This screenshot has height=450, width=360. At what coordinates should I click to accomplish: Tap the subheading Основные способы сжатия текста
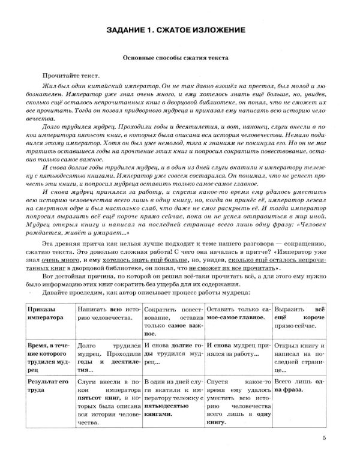coord(179,59)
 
